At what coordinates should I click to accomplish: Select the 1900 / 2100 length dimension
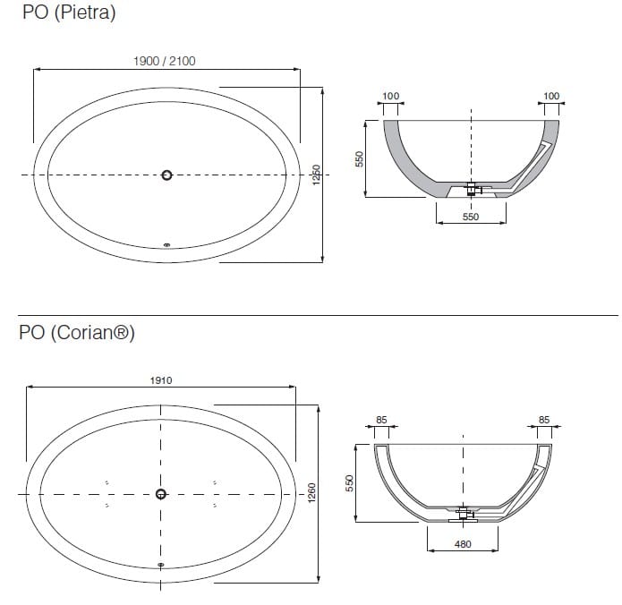point(164,61)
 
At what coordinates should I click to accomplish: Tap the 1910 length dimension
point(161,379)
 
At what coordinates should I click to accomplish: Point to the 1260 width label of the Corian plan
point(311,493)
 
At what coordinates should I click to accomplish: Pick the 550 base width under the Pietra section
point(471,217)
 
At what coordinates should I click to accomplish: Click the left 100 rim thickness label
point(391,96)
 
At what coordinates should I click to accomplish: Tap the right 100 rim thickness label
point(551,96)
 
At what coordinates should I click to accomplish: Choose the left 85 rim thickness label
point(381,418)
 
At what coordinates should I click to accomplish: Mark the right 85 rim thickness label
point(544,418)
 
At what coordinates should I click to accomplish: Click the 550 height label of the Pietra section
point(359,158)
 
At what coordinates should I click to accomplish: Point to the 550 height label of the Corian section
point(350,481)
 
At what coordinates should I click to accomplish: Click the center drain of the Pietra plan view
point(166,175)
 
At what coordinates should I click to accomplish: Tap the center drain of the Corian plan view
point(161,494)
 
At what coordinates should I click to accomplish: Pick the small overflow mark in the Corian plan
point(161,565)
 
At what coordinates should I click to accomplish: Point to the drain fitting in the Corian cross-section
point(464,514)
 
